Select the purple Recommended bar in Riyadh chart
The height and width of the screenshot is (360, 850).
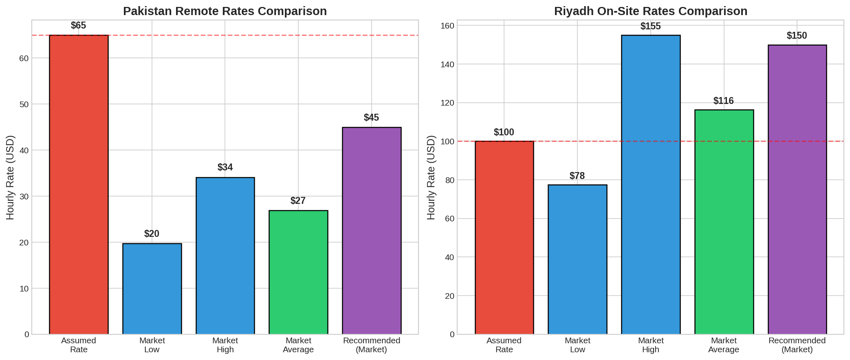(x=797, y=190)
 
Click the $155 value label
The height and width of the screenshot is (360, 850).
(x=650, y=27)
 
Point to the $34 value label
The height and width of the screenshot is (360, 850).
(x=225, y=167)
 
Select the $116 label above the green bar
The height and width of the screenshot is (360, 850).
(x=723, y=101)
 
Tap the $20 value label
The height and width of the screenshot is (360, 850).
(x=152, y=234)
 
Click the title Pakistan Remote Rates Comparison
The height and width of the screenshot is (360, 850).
(x=225, y=11)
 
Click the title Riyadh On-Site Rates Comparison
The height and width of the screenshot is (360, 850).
(x=650, y=11)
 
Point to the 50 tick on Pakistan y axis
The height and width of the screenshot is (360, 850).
(x=24, y=104)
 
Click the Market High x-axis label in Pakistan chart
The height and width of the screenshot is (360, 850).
(x=225, y=345)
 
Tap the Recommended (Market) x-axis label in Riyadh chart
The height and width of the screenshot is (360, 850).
(x=797, y=345)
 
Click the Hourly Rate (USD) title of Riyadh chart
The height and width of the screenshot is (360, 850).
(x=431, y=177)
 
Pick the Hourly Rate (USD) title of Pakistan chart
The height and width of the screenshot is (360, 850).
(x=10, y=177)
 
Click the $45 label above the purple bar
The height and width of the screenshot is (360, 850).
(x=371, y=118)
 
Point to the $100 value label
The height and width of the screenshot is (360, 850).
(x=504, y=132)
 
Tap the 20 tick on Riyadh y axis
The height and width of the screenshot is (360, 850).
(x=449, y=296)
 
